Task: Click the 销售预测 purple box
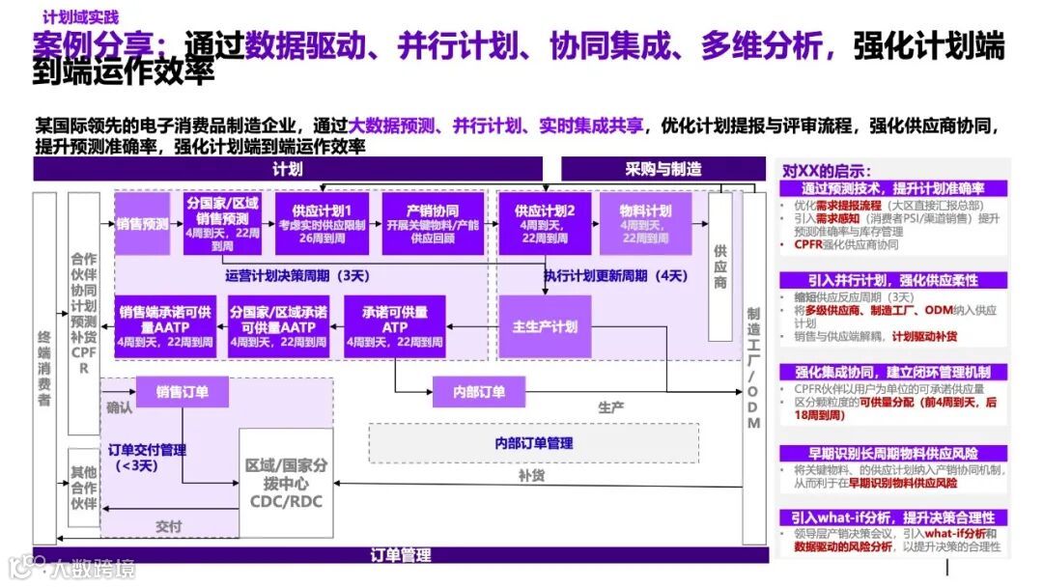tap(143, 224)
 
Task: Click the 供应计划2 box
tap(545, 224)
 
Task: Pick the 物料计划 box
tap(646, 224)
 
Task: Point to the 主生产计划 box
tap(545, 326)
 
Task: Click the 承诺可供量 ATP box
tap(394, 326)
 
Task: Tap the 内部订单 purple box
tap(480, 392)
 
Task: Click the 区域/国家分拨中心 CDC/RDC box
tap(286, 483)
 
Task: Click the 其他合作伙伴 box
tap(83, 488)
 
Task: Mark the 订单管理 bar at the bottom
tap(401, 555)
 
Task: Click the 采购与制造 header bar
tap(663, 169)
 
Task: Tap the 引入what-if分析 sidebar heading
tap(893, 517)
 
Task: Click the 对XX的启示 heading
tap(826, 170)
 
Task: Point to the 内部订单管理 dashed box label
tap(533, 442)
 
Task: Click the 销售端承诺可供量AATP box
tap(165, 326)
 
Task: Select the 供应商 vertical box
tap(720, 266)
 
